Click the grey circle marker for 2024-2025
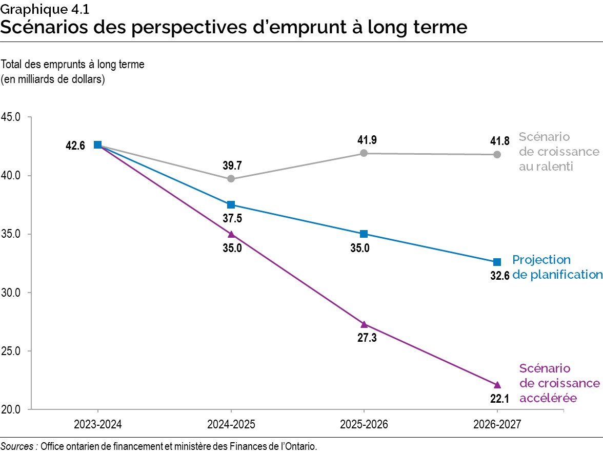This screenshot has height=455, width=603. click(x=231, y=178)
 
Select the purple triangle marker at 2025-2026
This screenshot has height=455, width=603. click(x=364, y=324)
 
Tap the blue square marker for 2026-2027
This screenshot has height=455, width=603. click(x=497, y=262)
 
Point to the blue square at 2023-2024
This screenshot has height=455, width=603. click(x=97, y=145)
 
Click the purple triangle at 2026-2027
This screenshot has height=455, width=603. click(x=497, y=384)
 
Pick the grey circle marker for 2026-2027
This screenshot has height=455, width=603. click(x=497, y=154)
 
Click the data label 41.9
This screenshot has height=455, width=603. click(x=364, y=140)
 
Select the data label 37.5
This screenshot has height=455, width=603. click(x=231, y=218)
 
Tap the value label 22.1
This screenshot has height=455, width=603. click(x=497, y=399)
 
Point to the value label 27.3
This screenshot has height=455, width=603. click(x=364, y=339)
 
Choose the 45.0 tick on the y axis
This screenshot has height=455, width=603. click(x=10, y=117)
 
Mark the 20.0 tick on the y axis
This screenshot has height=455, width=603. click(x=10, y=409)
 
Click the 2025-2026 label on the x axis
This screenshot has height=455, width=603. click(x=364, y=425)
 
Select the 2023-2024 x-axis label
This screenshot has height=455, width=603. click(x=97, y=425)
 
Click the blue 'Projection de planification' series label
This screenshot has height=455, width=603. click(x=557, y=267)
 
